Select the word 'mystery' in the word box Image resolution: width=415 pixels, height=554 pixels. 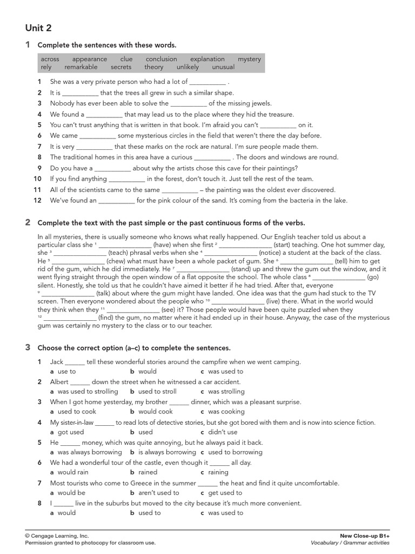249,59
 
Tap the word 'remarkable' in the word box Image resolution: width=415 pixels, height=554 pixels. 81,67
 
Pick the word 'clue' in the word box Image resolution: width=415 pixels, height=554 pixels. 126,59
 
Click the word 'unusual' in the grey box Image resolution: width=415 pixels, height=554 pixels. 223,67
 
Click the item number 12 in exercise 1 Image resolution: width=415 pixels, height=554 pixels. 37,201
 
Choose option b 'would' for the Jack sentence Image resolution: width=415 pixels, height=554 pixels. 147,372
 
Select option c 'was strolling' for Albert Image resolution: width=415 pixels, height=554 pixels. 226,392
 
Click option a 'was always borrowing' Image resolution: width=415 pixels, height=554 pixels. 89,452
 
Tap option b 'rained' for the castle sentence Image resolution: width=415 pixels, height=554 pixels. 148,472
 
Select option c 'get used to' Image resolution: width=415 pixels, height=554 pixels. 225,493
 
